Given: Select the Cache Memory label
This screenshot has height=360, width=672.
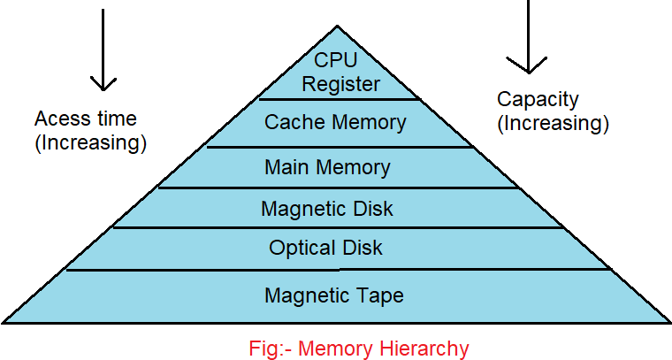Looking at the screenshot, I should (335, 122).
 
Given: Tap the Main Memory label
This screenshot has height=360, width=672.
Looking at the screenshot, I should (327, 166).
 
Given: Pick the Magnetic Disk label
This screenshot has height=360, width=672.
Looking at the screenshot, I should (327, 210).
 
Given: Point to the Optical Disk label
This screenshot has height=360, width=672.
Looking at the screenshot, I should (326, 249).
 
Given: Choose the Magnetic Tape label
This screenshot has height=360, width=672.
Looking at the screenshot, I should (334, 295).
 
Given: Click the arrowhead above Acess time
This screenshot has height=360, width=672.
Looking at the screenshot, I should (103, 82).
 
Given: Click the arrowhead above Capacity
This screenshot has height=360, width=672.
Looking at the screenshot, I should (528, 65).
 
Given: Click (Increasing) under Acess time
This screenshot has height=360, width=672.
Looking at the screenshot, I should (90, 143).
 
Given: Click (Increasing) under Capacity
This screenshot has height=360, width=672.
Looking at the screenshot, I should (553, 123).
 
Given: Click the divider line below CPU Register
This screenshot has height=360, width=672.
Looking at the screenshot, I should (339, 98).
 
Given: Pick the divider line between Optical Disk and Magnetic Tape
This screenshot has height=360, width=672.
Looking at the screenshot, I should (339, 270).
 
